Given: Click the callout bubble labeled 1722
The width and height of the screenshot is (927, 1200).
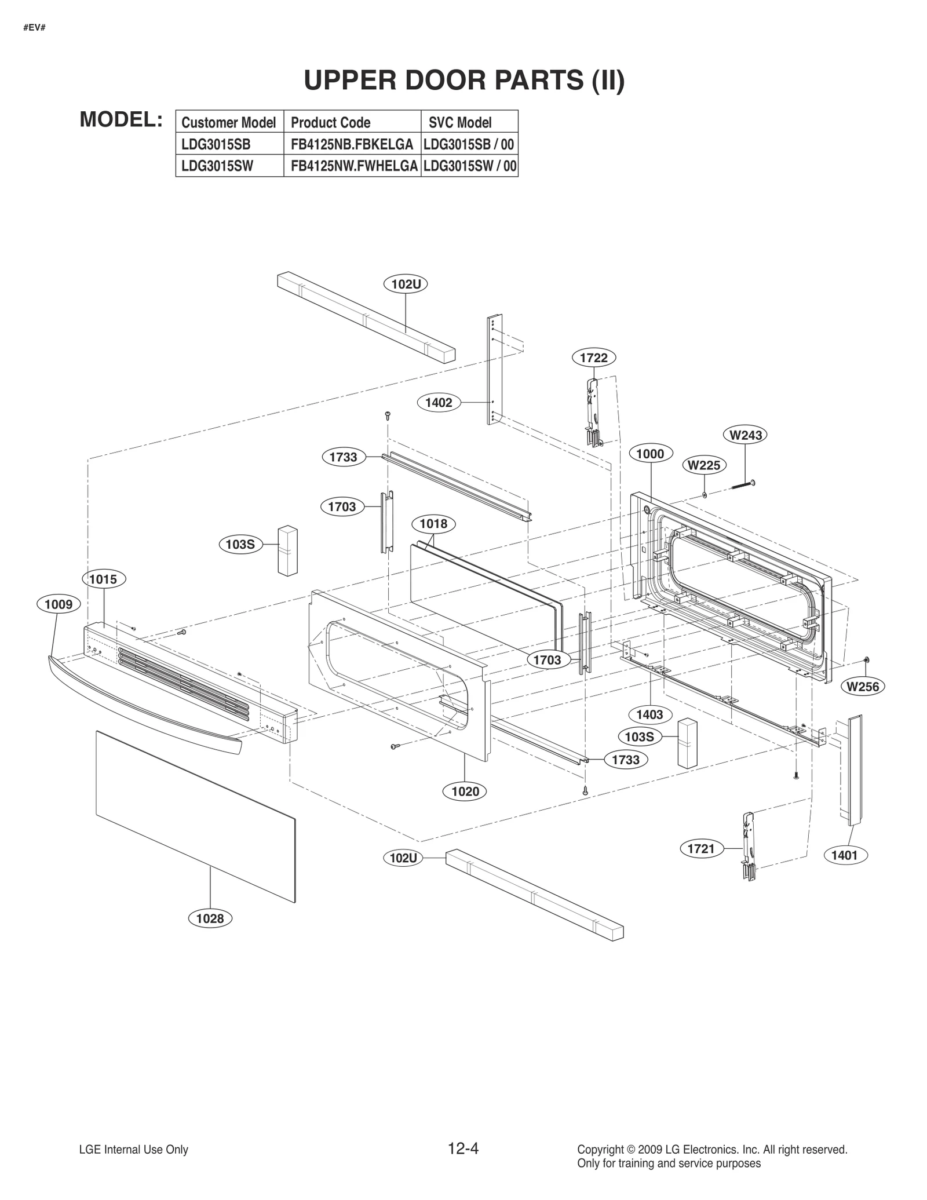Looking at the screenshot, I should click(x=594, y=358).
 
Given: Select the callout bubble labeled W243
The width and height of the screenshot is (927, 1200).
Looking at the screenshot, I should click(x=745, y=435).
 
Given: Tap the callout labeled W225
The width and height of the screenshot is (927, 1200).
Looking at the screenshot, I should click(x=704, y=465).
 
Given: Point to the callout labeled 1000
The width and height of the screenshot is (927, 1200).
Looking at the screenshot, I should click(x=650, y=454).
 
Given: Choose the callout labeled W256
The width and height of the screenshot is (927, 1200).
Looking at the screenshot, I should click(x=863, y=687).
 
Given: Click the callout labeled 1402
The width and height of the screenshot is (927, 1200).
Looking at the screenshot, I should click(x=439, y=403).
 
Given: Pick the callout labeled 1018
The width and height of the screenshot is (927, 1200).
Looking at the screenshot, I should click(x=433, y=524).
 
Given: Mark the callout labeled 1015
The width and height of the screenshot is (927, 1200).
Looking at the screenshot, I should click(x=104, y=579).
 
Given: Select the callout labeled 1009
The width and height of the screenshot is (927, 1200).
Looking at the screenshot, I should click(x=59, y=604).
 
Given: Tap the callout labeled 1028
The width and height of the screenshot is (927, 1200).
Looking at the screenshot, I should click(x=210, y=918).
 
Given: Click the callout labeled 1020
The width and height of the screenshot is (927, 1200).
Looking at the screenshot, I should click(x=465, y=791).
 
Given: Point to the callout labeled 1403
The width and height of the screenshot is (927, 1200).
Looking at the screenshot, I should click(x=649, y=714).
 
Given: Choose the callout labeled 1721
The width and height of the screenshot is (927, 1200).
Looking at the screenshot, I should click(x=701, y=849).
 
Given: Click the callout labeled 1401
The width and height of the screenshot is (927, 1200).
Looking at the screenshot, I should click(x=844, y=855).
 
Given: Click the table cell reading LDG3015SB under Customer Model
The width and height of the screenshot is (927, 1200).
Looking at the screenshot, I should click(x=216, y=144).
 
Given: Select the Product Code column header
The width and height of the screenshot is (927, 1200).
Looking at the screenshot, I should click(x=331, y=122).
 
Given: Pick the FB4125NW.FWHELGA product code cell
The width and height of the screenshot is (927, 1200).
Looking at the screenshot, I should click(x=353, y=166).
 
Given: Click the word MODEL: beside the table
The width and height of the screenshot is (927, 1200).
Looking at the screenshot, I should click(x=121, y=119).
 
